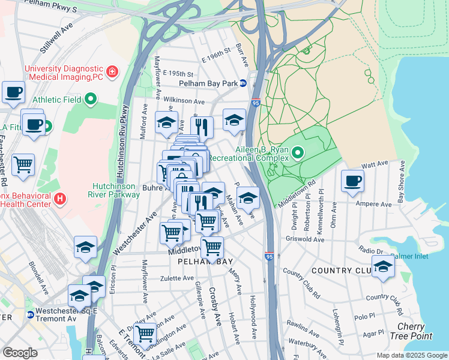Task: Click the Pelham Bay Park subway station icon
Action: coord(243,83)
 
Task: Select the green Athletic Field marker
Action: coord(91,99)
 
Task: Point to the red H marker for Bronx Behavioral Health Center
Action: coord(59,198)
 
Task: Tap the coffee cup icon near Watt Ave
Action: coord(352,180)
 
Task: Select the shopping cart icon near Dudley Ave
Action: coord(145,333)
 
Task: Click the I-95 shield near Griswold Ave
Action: coord(269,256)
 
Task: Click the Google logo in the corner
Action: coord(20,353)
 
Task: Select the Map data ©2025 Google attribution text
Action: coord(411,355)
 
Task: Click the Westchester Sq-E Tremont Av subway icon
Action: coord(30,314)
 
